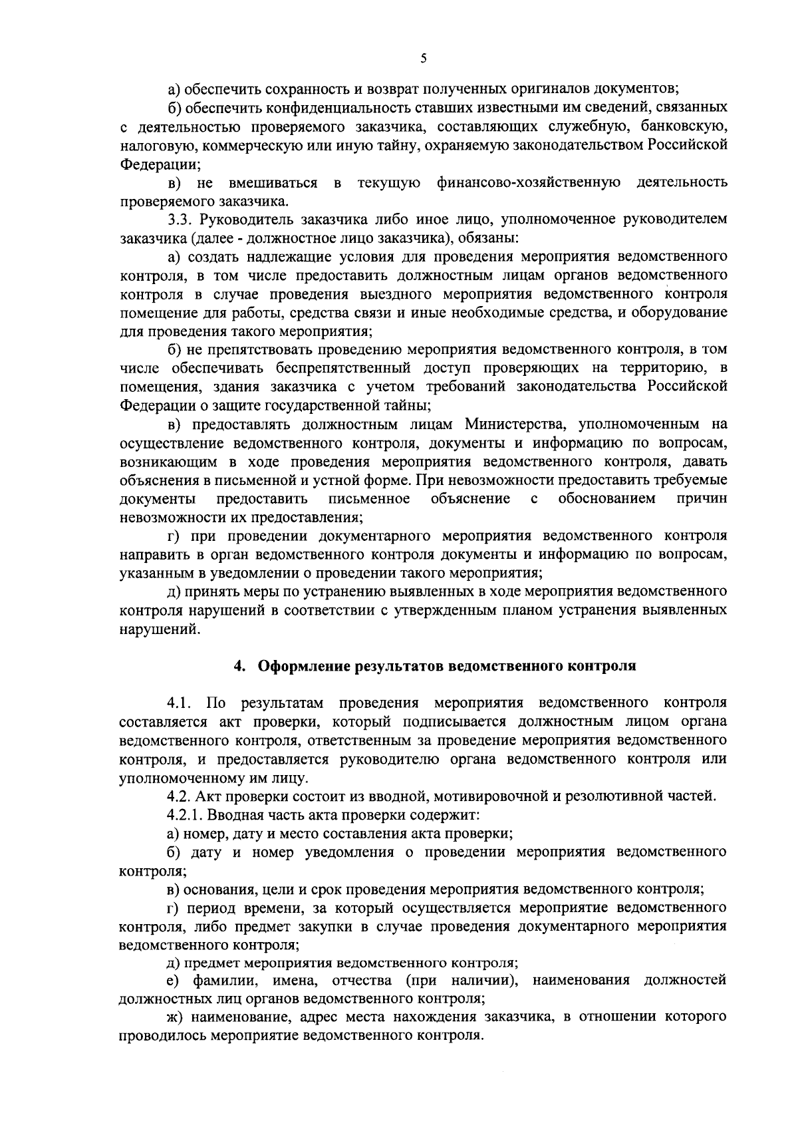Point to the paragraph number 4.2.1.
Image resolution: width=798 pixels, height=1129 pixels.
coord(187,814)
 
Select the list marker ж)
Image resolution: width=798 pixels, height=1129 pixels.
coord(175,1017)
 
